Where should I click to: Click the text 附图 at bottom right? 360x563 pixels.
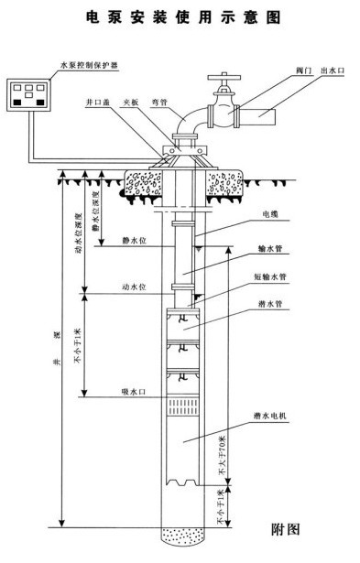288,527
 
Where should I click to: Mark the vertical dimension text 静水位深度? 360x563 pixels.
97,209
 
